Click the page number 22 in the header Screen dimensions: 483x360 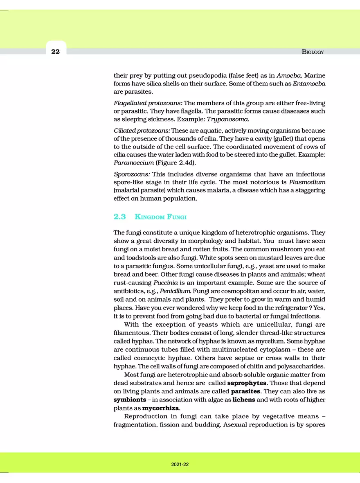(x=56, y=52)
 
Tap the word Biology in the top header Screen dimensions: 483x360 (x=313, y=52)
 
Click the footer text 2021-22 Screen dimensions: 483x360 (x=180, y=465)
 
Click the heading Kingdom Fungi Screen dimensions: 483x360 (x=161, y=216)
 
